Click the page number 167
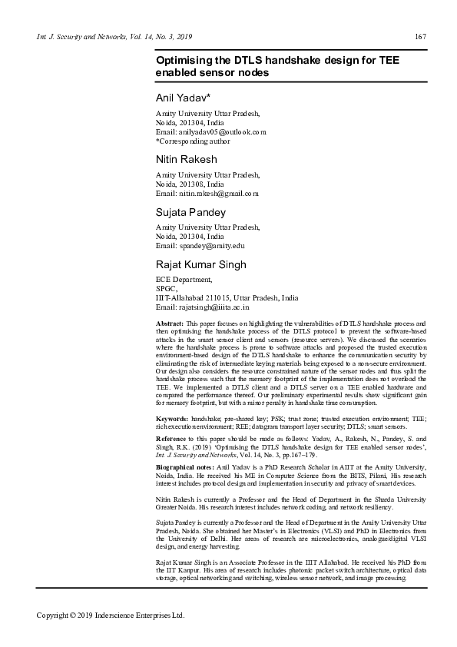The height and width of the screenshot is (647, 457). (420, 37)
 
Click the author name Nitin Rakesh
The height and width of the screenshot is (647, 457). (187, 159)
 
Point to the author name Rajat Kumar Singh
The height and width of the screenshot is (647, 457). (201, 264)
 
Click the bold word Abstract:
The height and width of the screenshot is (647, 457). (170, 325)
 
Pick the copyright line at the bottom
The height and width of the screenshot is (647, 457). (111, 615)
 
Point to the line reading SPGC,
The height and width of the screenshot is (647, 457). (167, 289)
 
